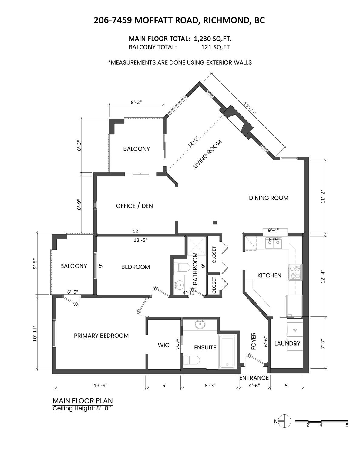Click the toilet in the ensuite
(x=191, y=360)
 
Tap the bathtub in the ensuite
(x=228, y=352)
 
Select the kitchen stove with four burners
(x=295, y=272)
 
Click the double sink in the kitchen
(x=274, y=244)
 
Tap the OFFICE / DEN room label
(x=134, y=206)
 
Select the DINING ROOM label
(x=268, y=198)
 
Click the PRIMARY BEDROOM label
(x=101, y=336)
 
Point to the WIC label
(x=163, y=345)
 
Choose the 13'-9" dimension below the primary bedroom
(x=100, y=386)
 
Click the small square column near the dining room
(x=215, y=222)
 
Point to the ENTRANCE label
(x=254, y=378)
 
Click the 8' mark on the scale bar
(x=347, y=425)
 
